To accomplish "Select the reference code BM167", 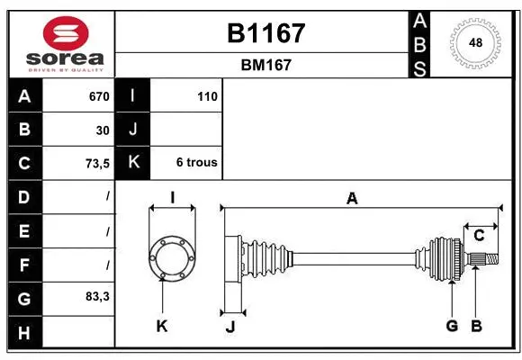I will pos(265,65).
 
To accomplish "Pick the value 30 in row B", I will pos(103,130).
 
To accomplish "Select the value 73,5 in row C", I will pos(95,163).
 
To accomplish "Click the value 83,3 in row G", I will pos(95,296).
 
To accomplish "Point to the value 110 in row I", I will pos(207,96).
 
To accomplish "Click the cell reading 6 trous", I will pos(196,163).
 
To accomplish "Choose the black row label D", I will pos(24,196).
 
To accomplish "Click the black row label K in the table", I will pos(133,163).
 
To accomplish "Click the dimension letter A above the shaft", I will pos(352,198).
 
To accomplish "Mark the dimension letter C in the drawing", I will pos(480,236).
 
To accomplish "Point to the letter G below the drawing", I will pos(452,326).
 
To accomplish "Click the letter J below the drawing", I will pos(229,327).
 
